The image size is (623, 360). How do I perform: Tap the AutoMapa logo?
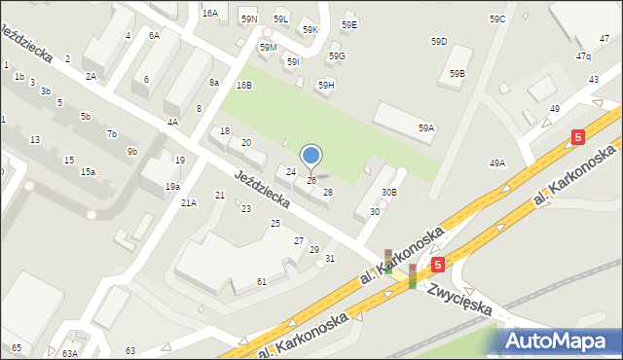pyautogui.click(x=560, y=341)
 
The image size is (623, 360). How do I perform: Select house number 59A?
pyautogui.click(x=425, y=127)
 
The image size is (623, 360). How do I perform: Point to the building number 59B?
pyautogui.click(x=457, y=74)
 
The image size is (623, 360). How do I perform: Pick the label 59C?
pyautogui.click(x=497, y=19)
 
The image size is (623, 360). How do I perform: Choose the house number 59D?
pyautogui.click(x=439, y=41)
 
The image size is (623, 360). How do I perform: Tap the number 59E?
pyautogui.click(x=349, y=24)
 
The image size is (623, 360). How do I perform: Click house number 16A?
pyautogui.click(x=210, y=14)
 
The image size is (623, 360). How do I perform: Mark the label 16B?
pyautogui.click(x=243, y=86)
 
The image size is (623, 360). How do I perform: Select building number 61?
pyautogui.click(x=262, y=281)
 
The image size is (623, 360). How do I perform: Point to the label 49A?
pyautogui.click(x=497, y=163)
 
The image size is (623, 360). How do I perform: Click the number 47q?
pyautogui.click(x=583, y=56)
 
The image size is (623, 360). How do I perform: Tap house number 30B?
pyautogui.click(x=388, y=193)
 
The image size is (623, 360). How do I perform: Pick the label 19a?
pyautogui.click(x=172, y=186)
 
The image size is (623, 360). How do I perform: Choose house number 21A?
pyautogui.click(x=189, y=202)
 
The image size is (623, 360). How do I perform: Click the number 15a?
pyautogui.click(x=88, y=172)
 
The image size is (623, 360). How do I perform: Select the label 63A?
pyautogui.click(x=70, y=353)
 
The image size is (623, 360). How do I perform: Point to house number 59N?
pyautogui.click(x=249, y=19)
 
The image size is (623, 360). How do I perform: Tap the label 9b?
pyautogui.click(x=131, y=152)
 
